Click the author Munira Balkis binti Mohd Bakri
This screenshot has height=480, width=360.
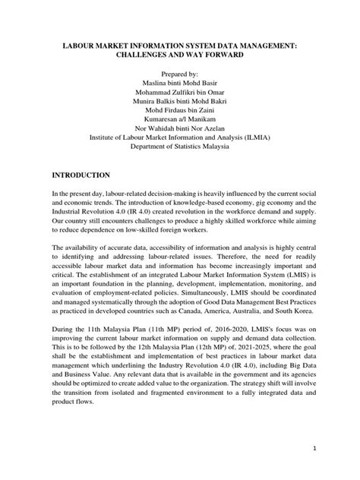coord(180,109)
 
